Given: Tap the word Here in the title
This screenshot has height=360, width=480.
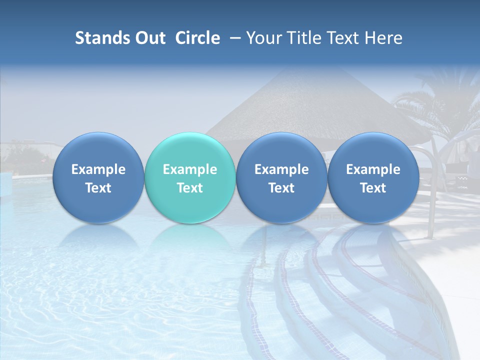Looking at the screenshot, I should [384, 38].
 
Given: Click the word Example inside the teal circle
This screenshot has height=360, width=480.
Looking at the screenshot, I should [190, 169].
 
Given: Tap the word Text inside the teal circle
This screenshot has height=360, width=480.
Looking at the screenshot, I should [190, 188].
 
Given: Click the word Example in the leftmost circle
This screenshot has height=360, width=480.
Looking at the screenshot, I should [98, 169].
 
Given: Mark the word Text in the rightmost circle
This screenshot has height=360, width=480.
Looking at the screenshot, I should [373, 188].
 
